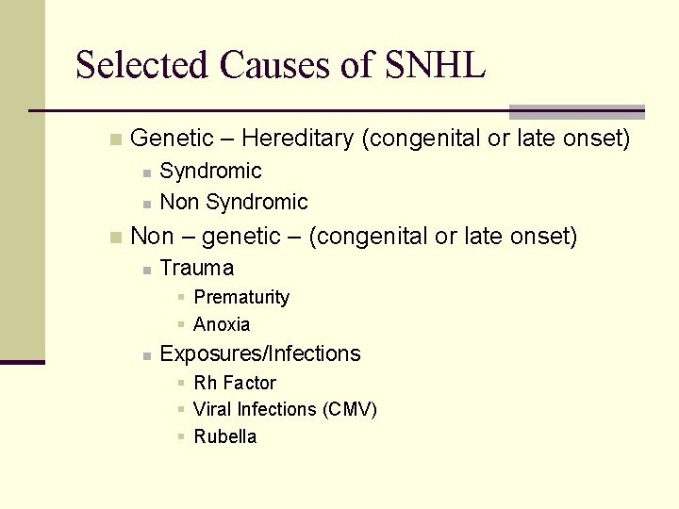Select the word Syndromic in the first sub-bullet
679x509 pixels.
pos(210,171)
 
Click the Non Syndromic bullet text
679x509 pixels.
pos(234,202)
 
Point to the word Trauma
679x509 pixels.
pos(197,268)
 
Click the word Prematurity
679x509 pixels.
pos(241,297)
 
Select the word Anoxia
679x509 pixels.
pos(222,324)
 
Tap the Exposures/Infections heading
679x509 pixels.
pos(260,353)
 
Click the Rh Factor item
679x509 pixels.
pos(235,383)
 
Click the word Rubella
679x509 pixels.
pos(224,436)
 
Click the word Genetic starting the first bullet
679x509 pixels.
pos(172,139)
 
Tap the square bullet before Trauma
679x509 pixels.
pos(146,270)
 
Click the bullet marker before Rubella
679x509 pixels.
pos(180,437)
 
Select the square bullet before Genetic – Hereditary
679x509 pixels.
pos(114,140)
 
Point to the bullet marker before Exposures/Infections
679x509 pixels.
pos(146,355)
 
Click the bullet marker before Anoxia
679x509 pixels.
pos(180,325)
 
